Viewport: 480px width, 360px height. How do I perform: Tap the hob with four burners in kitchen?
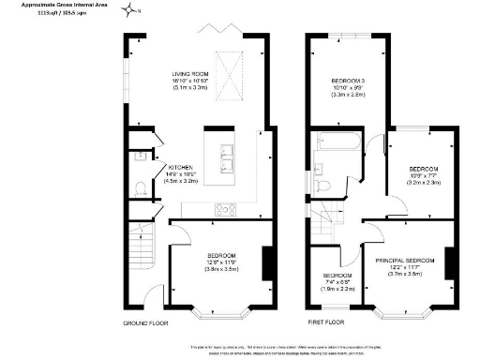pyautogui.click(x=227, y=209)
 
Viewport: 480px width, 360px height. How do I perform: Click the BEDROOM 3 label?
pyautogui.click(x=348, y=82)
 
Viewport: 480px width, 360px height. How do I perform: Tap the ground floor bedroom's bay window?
pyautogui.click(x=219, y=310)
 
